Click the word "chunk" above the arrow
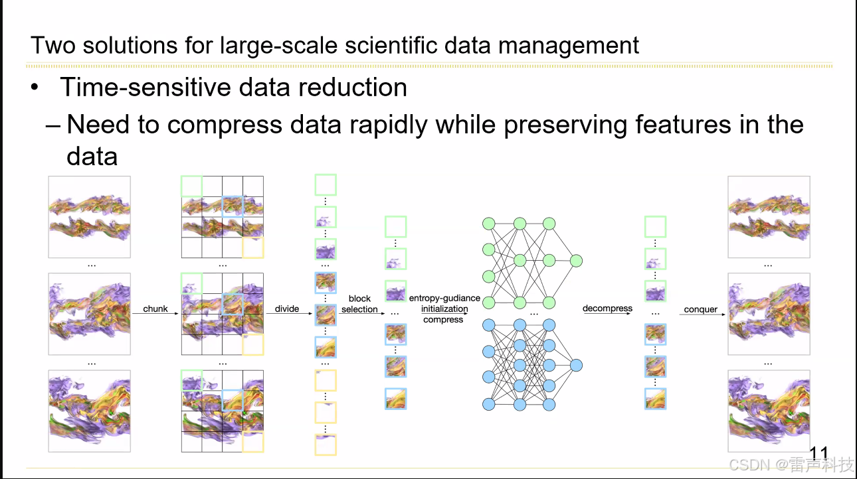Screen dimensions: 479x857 (x=155, y=308)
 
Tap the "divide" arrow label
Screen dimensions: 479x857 (x=287, y=308)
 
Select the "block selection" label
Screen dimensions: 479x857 (x=359, y=304)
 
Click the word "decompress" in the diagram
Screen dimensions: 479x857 (x=607, y=308)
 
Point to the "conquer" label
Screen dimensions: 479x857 (x=701, y=309)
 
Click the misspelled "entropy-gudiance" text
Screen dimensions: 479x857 (x=444, y=299)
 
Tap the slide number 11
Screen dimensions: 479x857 (x=818, y=454)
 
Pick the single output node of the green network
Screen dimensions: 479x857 (x=576, y=260)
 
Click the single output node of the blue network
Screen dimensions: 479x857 (x=576, y=365)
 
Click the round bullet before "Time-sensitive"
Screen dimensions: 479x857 (x=35, y=88)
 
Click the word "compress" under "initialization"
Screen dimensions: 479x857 (x=443, y=320)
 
